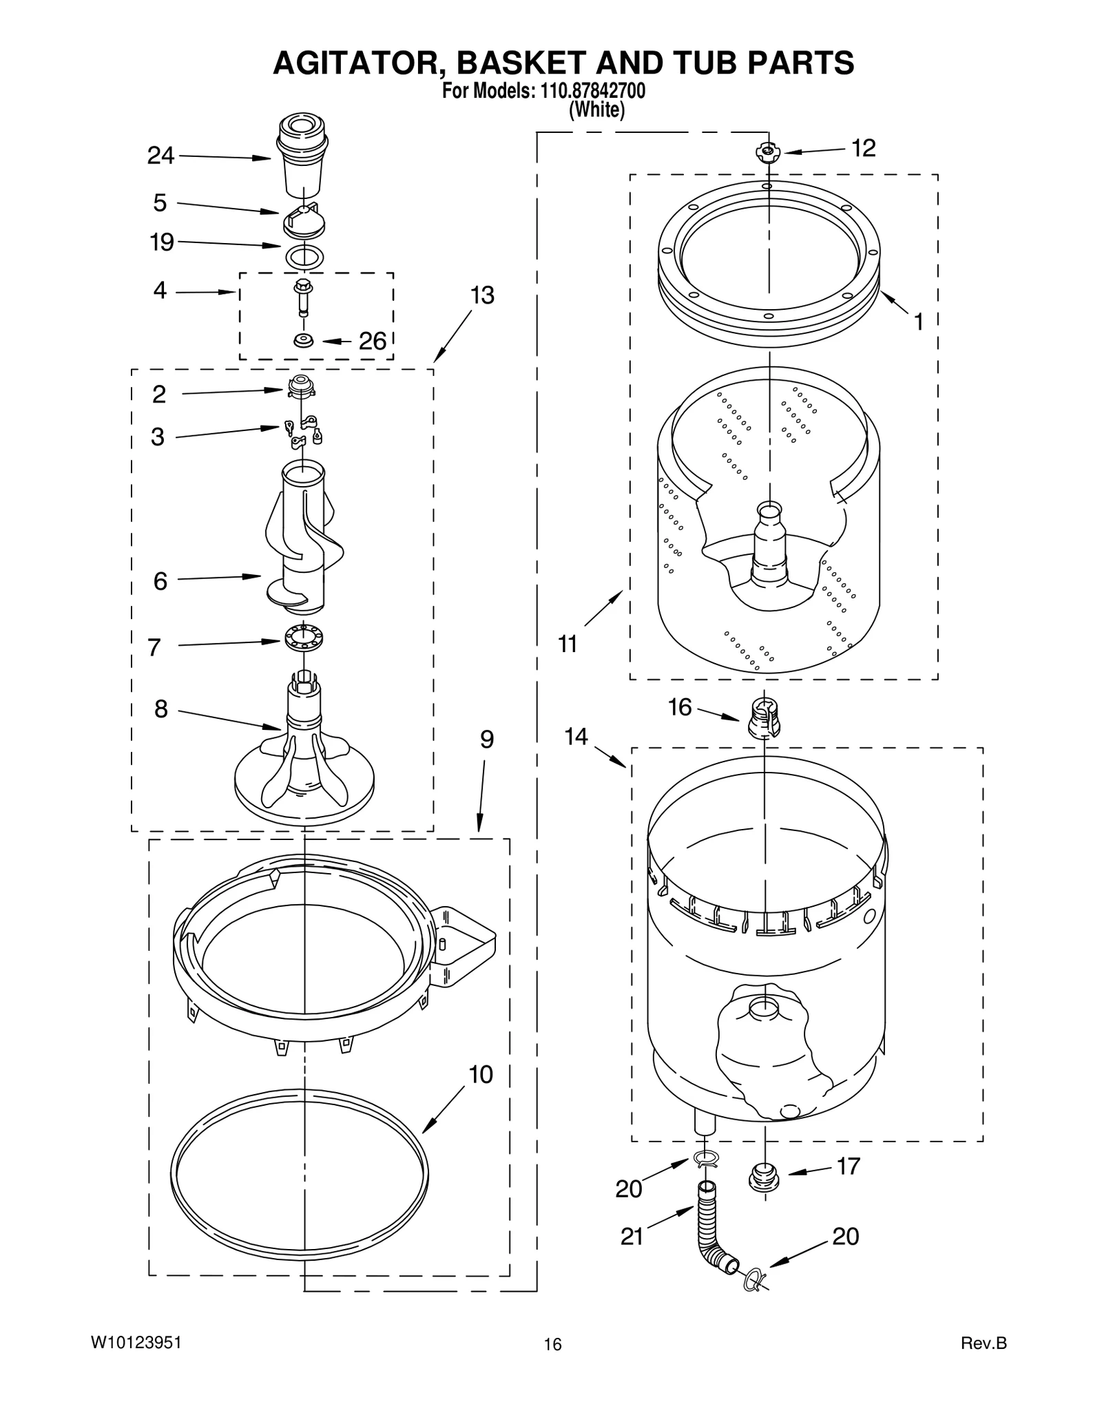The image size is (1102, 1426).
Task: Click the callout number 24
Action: pyautogui.click(x=160, y=156)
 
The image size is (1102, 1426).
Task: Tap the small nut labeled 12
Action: pyautogui.click(x=767, y=151)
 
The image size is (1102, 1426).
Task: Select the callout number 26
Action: pyautogui.click(x=373, y=341)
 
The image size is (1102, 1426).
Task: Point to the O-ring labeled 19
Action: pyautogui.click(x=304, y=256)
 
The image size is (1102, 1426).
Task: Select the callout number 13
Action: pyautogui.click(x=482, y=295)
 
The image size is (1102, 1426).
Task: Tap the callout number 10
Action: pyautogui.click(x=481, y=1075)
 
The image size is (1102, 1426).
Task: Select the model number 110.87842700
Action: pyautogui.click(x=587, y=92)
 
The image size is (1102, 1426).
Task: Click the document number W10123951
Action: pyautogui.click(x=136, y=1343)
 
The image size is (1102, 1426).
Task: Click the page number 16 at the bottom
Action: pyautogui.click(x=552, y=1345)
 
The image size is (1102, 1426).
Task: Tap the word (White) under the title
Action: pyautogui.click(x=596, y=110)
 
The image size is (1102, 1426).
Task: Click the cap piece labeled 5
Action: pyautogui.click(x=304, y=219)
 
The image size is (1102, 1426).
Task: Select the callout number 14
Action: pyautogui.click(x=576, y=737)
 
